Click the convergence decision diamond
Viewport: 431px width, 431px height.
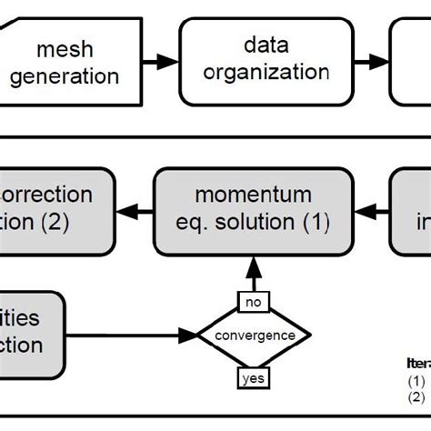click(255, 336)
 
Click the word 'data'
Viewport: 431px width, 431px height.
click(265, 43)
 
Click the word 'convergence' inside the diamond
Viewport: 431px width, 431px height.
click(255, 336)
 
